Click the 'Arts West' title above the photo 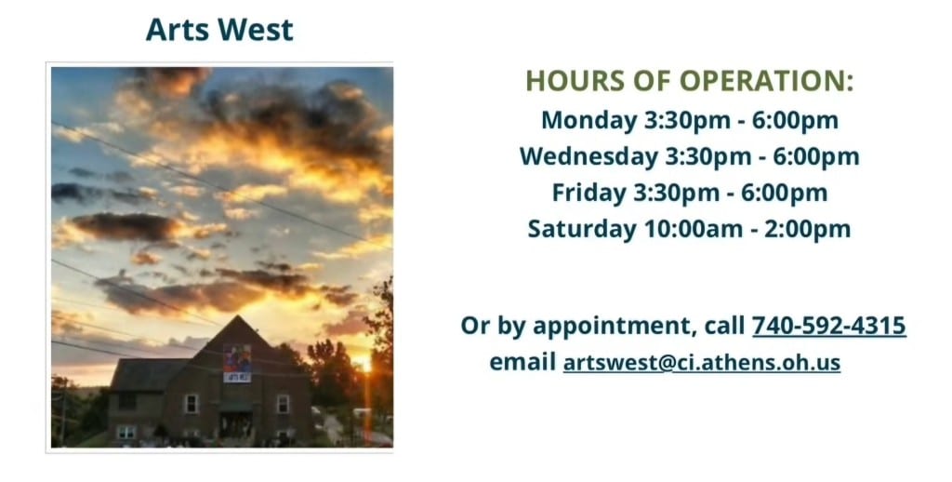(x=219, y=30)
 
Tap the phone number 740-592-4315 (x=828, y=326)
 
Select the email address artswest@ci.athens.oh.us (x=701, y=362)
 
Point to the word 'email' (x=522, y=362)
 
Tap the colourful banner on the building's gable (x=236, y=363)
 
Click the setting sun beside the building (x=365, y=364)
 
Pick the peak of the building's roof (x=239, y=317)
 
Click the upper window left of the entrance (x=192, y=403)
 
